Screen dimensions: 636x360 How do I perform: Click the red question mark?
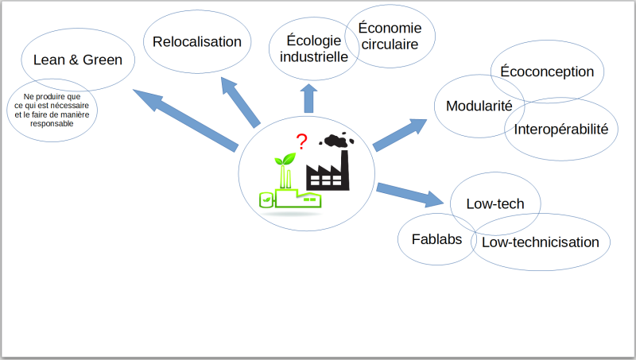pyautogui.click(x=301, y=141)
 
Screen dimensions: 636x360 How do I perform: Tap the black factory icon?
pyautogui.click(x=328, y=170)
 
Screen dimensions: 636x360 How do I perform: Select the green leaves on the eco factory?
pyautogui.click(x=285, y=159)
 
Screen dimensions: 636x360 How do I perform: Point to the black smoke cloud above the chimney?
pyautogui.click(x=336, y=140)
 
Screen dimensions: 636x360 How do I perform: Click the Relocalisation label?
pyautogui.click(x=197, y=42)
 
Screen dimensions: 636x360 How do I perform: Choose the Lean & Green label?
pyautogui.click(x=78, y=60)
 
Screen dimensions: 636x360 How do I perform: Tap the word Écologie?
pyautogui.click(x=313, y=41)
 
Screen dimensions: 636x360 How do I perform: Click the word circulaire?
pyautogui.click(x=390, y=45)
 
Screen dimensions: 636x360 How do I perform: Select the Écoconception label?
pyautogui.click(x=547, y=72)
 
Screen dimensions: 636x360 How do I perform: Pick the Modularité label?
pyautogui.click(x=479, y=106)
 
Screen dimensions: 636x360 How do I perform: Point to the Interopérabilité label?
pyautogui.click(x=561, y=130)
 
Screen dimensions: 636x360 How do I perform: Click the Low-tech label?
pyautogui.click(x=495, y=203)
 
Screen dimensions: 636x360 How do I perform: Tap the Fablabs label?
pyautogui.click(x=436, y=239)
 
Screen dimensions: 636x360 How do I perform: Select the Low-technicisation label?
pyautogui.click(x=541, y=242)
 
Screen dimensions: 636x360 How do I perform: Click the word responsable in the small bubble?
pyautogui.click(x=52, y=124)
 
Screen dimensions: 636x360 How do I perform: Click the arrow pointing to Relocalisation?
pyautogui.click(x=241, y=103)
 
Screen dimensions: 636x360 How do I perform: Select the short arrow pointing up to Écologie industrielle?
pyautogui.click(x=308, y=99)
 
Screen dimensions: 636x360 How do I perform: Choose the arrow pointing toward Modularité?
pyautogui.click(x=400, y=135)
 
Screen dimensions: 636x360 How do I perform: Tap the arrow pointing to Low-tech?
pyautogui.click(x=410, y=195)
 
